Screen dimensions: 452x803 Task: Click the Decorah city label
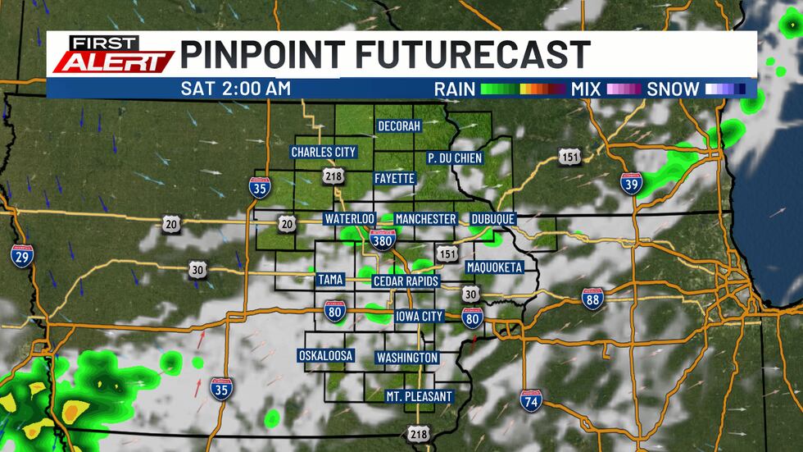(x=399, y=126)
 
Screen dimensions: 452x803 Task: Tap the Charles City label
(x=323, y=152)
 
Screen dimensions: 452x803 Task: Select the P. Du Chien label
(x=455, y=158)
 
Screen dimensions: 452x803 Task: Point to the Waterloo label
(x=349, y=219)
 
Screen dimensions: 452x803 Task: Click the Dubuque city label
(x=492, y=219)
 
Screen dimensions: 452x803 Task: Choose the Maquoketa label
(x=494, y=267)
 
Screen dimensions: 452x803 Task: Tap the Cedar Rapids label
(x=406, y=281)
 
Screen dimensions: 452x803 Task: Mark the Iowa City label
(x=419, y=317)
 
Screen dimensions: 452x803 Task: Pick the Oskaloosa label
(x=325, y=355)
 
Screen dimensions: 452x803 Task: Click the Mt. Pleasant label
(x=419, y=396)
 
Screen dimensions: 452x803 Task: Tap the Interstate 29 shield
(x=22, y=254)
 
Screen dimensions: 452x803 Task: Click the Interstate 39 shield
(x=631, y=184)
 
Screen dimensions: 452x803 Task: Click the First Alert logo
(x=111, y=54)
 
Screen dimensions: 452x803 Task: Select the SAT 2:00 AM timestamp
(x=236, y=88)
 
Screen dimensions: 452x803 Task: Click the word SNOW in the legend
(x=673, y=88)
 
